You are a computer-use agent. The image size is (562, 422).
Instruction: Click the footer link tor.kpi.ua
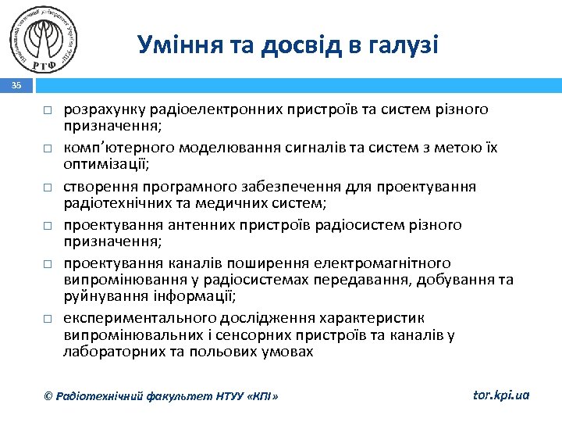[501, 395]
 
